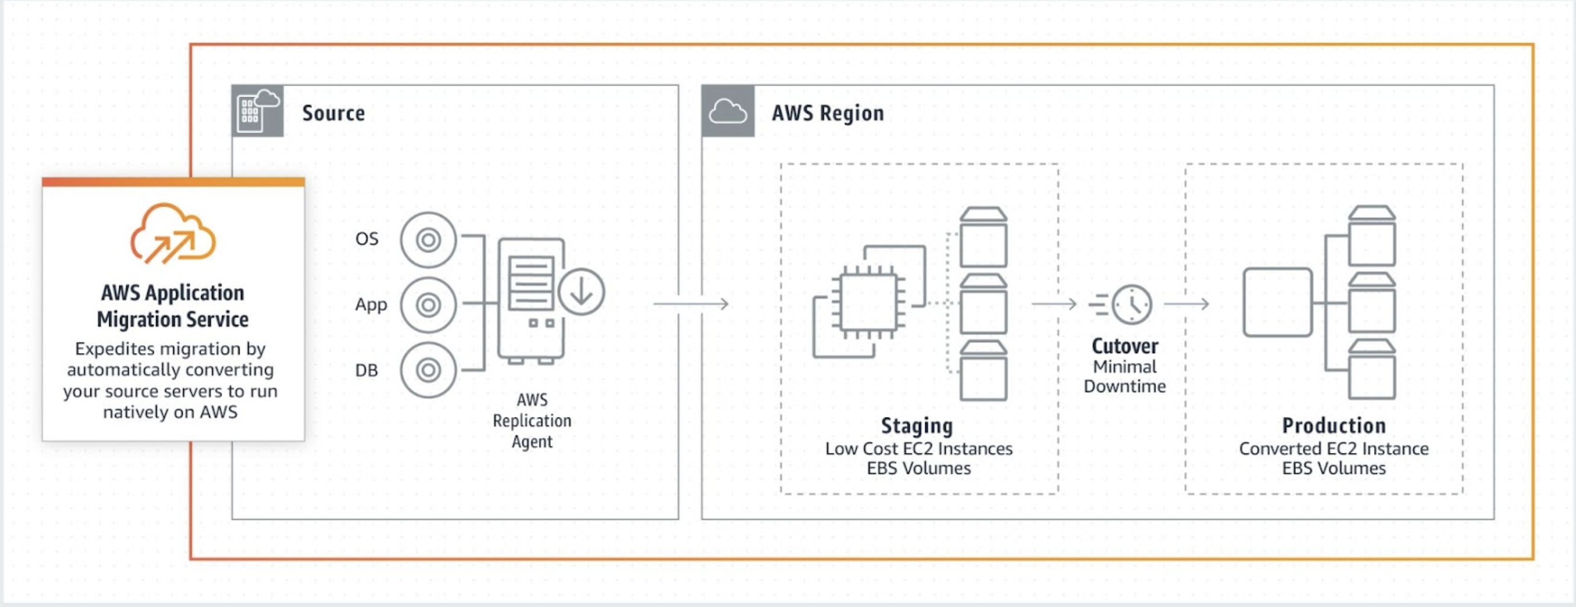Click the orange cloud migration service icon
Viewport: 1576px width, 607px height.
click(x=173, y=234)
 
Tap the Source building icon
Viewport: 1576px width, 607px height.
click(x=258, y=111)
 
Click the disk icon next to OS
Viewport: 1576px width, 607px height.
click(x=428, y=240)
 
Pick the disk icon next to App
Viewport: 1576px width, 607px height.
click(x=428, y=305)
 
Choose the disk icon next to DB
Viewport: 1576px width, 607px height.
click(x=428, y=370)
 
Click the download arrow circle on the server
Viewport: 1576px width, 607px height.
click(x=581, y=292)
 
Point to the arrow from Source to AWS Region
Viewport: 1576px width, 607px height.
click(x=691, y=303)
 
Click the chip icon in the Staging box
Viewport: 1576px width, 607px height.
click(x=868, y=302)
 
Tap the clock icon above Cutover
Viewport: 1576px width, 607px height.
click(x=1131, y=304)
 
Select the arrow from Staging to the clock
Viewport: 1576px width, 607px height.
click(x=1053, y=303)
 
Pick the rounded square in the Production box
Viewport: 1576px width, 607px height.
click(x=1277, y=302)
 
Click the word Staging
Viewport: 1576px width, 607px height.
click(x=916, y=425)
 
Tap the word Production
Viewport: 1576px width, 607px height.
click(x=1334, y=425)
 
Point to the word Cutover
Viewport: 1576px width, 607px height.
click(x=1125, y=346)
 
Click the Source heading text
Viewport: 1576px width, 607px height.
click(x=334, y=113)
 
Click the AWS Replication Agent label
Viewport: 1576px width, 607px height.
click(x=532, y=420)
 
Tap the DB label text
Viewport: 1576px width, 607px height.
click(x=366, y=370)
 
